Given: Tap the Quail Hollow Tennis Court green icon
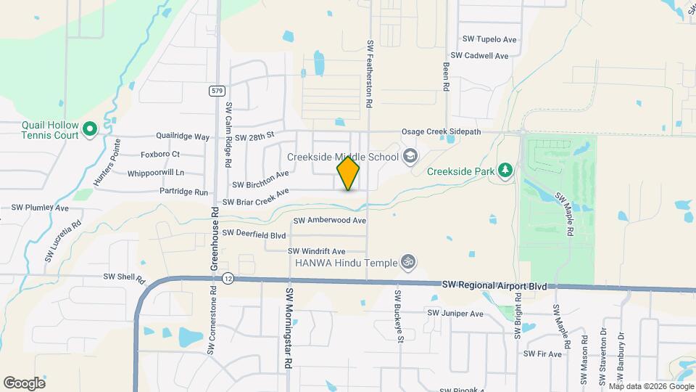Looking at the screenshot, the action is coord(90,130).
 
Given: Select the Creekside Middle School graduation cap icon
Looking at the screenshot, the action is coord(410,157).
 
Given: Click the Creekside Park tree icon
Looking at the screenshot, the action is coord(505,171).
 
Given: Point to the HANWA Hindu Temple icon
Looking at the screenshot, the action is coord(409,261).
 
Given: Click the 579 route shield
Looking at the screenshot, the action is coord(217,91).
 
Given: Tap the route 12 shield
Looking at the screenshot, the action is coord(228,278).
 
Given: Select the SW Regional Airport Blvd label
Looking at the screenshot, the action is coord(494,287).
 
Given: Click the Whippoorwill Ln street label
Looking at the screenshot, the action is coord(155,173).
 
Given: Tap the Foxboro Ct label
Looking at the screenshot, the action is coord(159,155).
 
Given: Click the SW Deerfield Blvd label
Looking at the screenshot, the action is coord(254,234).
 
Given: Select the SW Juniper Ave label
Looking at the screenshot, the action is coord(455,314).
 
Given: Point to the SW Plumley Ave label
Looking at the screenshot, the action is coord(40,208).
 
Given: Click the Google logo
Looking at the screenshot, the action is coord(24,383).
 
